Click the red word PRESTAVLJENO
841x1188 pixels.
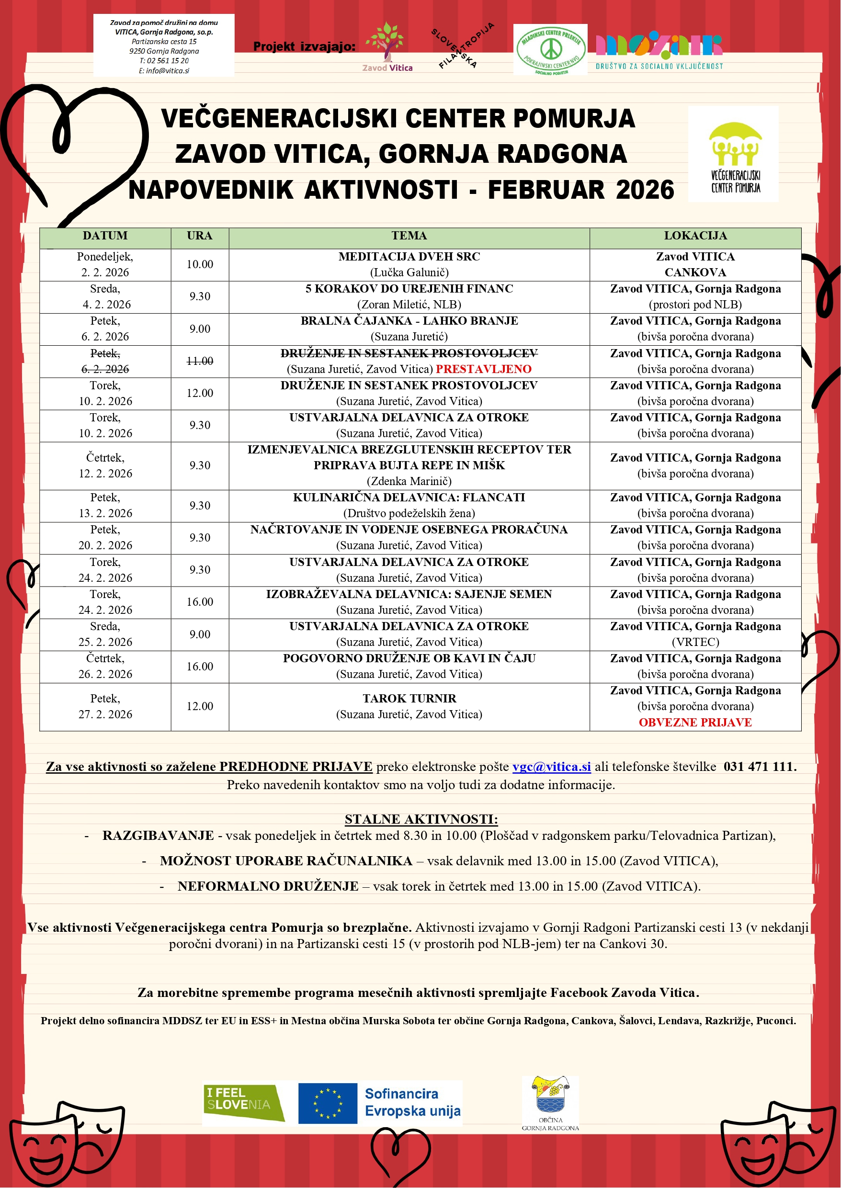(x=483, y=369)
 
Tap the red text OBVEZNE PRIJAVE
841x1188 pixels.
(x=695, y=722)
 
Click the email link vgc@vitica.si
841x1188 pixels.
(x=552, y=767)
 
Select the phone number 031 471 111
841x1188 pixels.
(x=759, y=767)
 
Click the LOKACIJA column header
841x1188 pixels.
(x=695, y=236)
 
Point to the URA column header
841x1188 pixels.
(x=199, y=236)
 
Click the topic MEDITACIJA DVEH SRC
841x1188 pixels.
(x=409, y=257)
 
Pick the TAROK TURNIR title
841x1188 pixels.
(x=409, y=698)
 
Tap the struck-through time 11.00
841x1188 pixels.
(x=199, y=362)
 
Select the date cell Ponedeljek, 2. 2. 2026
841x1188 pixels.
(x=105, y=264)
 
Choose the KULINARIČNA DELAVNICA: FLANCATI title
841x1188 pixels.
(x=409, y=498)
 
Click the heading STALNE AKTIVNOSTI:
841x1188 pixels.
(x=421, y=819)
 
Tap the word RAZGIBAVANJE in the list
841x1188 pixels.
(x=158, y=836)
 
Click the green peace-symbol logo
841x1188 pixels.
(x=550, y=50)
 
